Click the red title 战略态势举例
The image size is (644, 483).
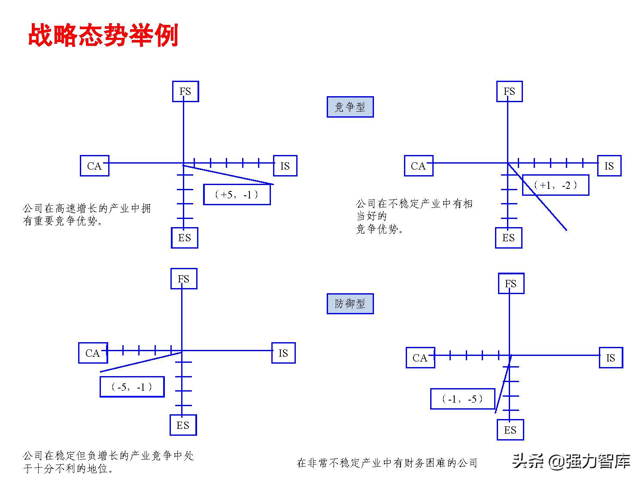pos(103,35)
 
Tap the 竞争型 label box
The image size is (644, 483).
pos(350,107)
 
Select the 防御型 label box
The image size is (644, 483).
pos(350,304)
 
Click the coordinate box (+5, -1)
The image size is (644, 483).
pos(237,194)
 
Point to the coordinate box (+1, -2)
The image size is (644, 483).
pos(555,185)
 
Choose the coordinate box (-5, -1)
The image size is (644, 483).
pos(132,387)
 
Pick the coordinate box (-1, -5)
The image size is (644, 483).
pos(462,399)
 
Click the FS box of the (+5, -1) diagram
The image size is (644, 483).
pos(185,91)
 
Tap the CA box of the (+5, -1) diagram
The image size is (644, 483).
pos(94,166)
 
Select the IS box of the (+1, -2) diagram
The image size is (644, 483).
pos(609,166)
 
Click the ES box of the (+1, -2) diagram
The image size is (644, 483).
pos(509,238)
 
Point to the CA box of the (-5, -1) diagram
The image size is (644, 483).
pos(93,353)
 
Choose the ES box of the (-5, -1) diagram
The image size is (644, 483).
pos(183,425)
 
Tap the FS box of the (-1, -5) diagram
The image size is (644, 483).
pos(511,283)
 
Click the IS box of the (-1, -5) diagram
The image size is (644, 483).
pos(611,358)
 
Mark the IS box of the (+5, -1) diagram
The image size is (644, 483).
pos(285,166)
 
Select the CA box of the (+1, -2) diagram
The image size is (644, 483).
pos(419,166)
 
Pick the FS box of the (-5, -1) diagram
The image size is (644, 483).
pos(184,279)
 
